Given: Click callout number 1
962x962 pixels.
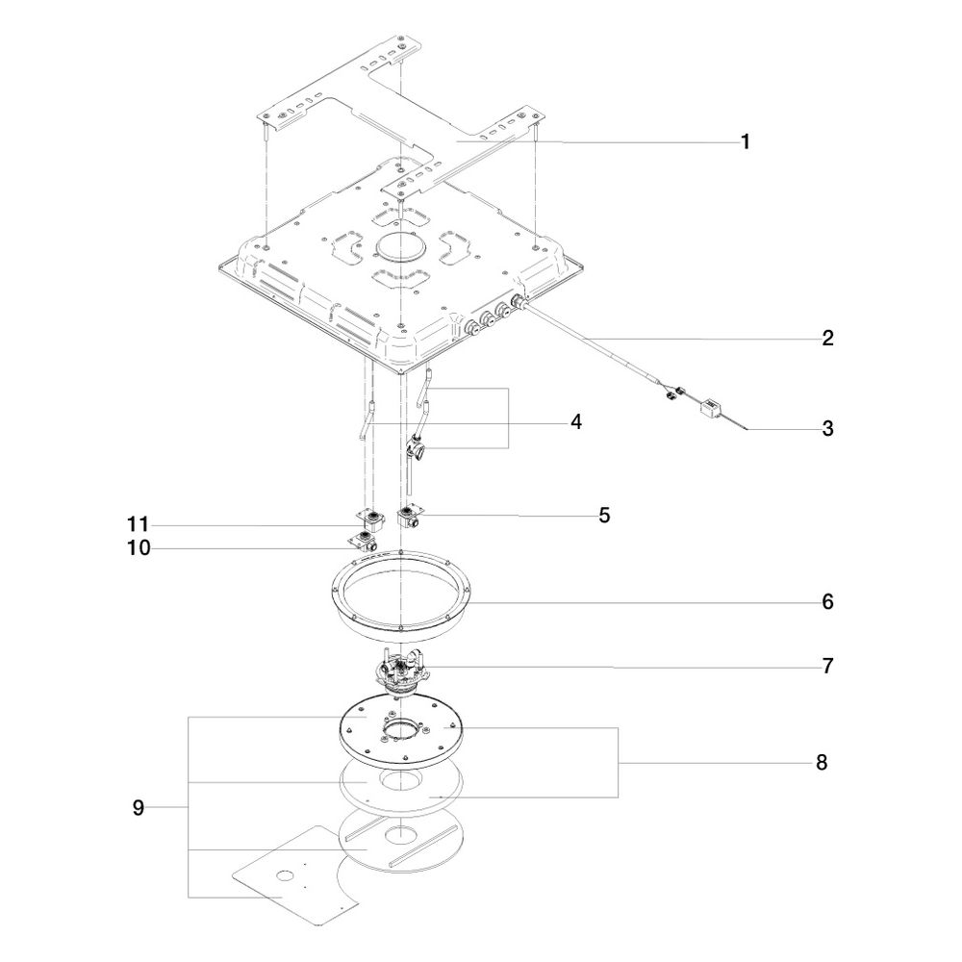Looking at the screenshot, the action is pyautogui.click(x=746, y=142).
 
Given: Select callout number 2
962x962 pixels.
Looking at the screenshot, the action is pyautogui.click(x=827, y=338).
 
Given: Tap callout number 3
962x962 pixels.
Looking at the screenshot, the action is pyautogui.click(x=827, y=428).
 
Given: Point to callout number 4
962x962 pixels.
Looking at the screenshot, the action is pyautogui.click(x=575, y=422).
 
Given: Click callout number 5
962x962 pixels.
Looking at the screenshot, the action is pyautogui.click(x=604, y=516).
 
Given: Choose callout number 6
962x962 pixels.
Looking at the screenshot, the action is pyautogui.click(x=827, y=602).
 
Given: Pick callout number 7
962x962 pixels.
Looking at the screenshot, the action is pyautogui.click(x=827, y=666).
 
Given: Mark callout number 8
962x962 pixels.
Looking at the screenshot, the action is pyautogui.click(x=822, y=763).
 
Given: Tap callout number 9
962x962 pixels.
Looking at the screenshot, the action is pyautogui.click(x=139, y=808).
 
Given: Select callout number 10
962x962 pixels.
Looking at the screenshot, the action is pyautogui.click(x=139, y=548).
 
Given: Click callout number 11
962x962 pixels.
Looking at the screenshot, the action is pyautogui.click(x=138, y=524).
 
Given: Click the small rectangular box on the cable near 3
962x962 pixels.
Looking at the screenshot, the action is pyautogui.click(x=711, y=407).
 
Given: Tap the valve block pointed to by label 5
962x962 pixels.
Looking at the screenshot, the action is pyautogui.click(x=410, y=516).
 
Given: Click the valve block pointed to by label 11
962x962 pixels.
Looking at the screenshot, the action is pyautogui.click(x=371, y=520).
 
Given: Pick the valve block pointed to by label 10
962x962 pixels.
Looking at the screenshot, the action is pyautogui.click(x=364, y=543).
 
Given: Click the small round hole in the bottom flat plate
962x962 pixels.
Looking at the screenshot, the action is pyautogui.click(x=285, y=875).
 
